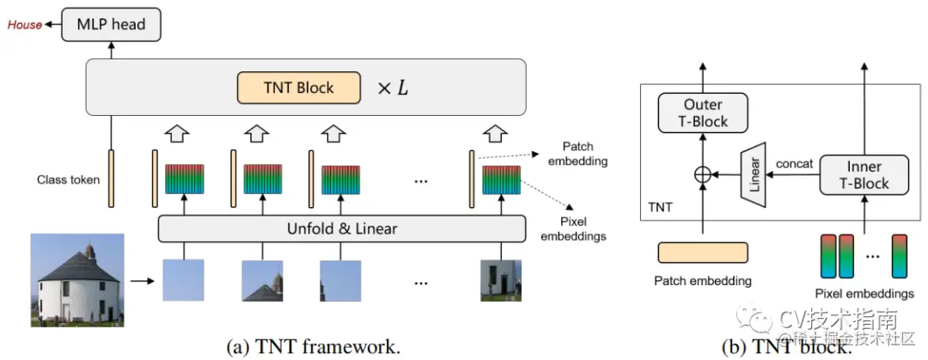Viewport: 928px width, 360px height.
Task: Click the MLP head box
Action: tap(112, 24)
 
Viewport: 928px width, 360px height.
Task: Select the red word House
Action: tap(25, 25)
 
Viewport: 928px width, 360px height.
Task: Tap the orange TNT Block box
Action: tap(297, 88)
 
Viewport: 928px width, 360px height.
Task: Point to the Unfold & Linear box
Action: tap(341, 229)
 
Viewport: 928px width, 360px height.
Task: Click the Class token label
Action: tap(68, 180)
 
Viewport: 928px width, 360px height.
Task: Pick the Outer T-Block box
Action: tap(703, 113)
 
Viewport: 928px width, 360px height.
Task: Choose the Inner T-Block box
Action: tap(865, 174)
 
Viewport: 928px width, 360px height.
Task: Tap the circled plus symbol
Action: tap(702, 175)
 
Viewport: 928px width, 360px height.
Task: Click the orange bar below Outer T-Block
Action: tap(703, 252)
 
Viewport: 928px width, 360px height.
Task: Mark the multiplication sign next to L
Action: tap(384, 88)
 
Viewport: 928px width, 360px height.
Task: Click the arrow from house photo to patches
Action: tap(138, 279)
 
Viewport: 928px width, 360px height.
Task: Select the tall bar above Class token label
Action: tap(112, 179)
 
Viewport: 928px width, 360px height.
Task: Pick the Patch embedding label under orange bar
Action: tap(703, 280)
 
